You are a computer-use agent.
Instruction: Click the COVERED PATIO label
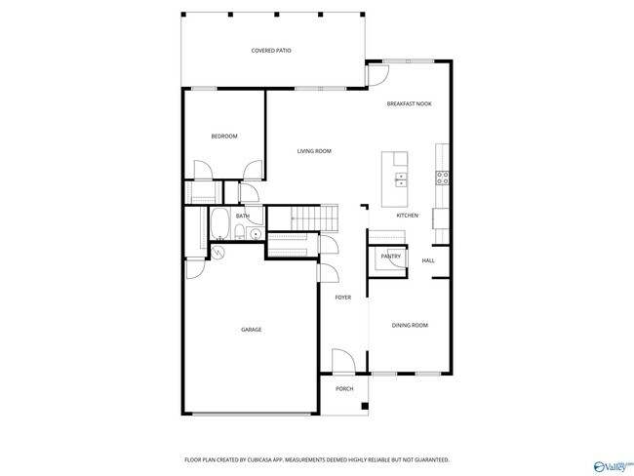click(x=271, y=50)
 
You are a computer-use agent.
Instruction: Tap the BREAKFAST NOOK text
click(x=409, y=103)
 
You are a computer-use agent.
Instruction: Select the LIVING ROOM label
click(x=314, y=151)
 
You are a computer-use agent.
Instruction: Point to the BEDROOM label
click(x=224, y=137)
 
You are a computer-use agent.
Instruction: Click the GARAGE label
click(x=251, y=330)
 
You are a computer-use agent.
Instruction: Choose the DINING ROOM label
click(x=410, y=325)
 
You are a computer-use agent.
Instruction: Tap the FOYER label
click(x=343, y=297)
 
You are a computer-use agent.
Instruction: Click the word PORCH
click(x=344, y=389)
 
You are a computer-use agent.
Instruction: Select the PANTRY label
click(x=391, y=257)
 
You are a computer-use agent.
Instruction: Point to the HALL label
click(x=428, y=261)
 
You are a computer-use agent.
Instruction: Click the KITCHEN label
click(x=407, y=216)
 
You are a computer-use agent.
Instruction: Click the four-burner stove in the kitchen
click(x=442, y=178)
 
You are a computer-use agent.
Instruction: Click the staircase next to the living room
click(x=315, y=217)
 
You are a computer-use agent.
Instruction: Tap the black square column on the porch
click(x=364, y=405)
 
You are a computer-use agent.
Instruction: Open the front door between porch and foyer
click(x=343, y=364)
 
